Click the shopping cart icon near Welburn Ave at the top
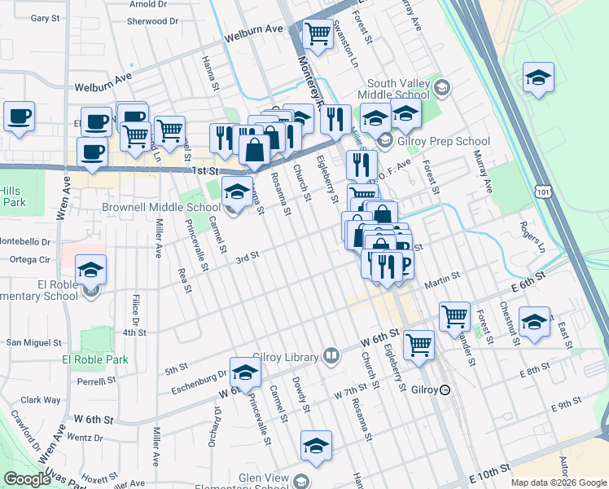point(318,34)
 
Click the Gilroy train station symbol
point(445,390)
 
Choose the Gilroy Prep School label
point(437,141)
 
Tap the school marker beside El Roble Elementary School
point(91,270)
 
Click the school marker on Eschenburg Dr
point(245,372)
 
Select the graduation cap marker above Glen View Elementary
point(316,446)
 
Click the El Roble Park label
point(94,359)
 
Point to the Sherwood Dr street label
point(154,22)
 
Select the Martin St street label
point(441,284)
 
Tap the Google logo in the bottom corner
point(27,479)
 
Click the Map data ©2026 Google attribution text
point(558,482)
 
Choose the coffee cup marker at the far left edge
point(18,117)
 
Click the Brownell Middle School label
point(160,207)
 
